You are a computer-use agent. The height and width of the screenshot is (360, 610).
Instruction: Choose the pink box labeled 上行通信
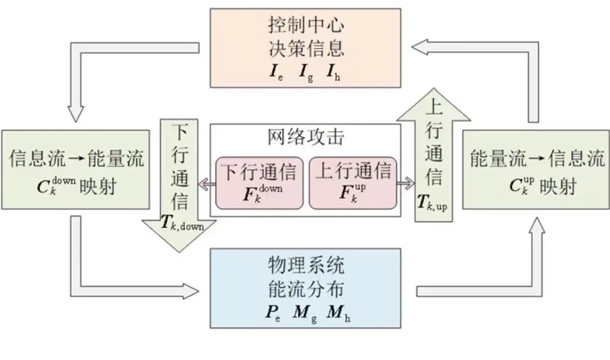coord(352,182)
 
